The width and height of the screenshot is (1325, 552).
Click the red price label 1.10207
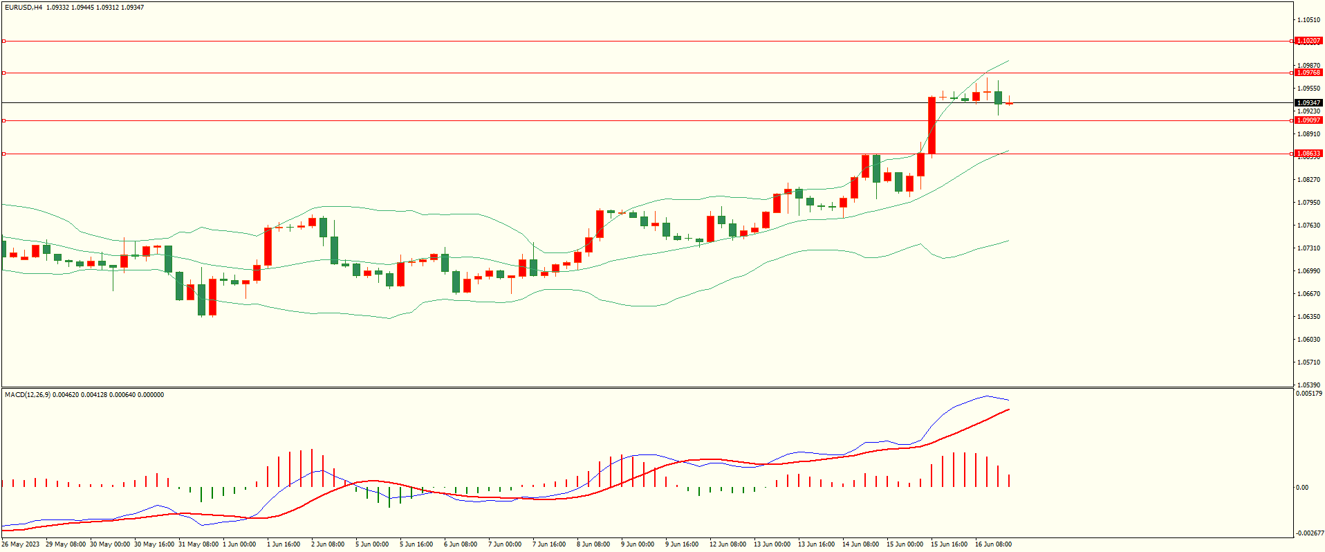pyautogui.click(x=1308, y=41)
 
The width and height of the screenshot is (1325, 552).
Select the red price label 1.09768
pyautogui.click(x=1308, y=73)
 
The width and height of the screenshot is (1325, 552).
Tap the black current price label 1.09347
pyautogui.click(x=1308, y=103)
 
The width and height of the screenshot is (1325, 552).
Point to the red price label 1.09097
pyautogui.click(x=1308, y=120)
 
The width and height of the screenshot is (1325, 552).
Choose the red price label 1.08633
pyautogui.click(x=1308, y=154)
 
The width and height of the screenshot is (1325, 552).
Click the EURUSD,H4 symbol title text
pyautogui.click(x=24, y=8)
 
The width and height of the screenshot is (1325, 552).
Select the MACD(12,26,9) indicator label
pyautogui.click(x=28, y=395)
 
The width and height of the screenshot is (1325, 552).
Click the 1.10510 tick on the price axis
pyautogui.click(x=1308, y=20)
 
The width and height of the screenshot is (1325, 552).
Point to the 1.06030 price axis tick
pyautogui.click(x=1308, y=340)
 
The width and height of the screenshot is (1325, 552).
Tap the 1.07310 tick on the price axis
pyautogui.click(x=1308, y=248)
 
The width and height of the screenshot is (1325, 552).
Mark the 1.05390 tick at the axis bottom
pyautogui.click(x=1308, y=385)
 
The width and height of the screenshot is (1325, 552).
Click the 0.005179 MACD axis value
pyautogui.click(x=1308, y=394)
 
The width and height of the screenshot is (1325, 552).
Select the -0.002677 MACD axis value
pyautogui.click(x=1308, y=533)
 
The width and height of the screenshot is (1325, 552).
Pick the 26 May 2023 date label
pyautogui.click(x=21, y=544)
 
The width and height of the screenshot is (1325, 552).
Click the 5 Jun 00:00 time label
pyautogui.click(x=372, y=544)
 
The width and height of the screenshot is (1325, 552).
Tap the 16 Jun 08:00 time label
pyautogui.click(x=993, y=544)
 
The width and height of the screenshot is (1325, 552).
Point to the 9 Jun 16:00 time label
pyautogui.click(x=682, y=544)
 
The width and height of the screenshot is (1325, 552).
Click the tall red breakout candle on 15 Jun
pyautogui.click(x=932, y=125)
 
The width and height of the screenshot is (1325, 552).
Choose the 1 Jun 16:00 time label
pyautogui.click(x=284, y=544)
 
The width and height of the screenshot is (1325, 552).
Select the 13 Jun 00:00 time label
pyautogui.click(x=772, y=544)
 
